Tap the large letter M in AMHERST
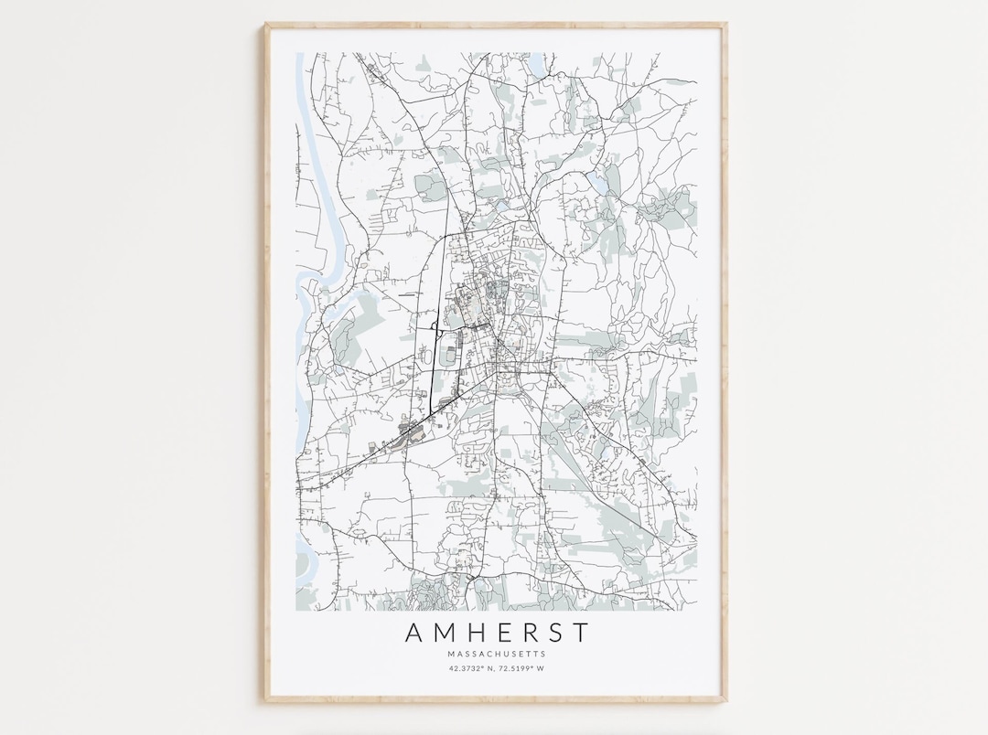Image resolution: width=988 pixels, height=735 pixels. [444, 633]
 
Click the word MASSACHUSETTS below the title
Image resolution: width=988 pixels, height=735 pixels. [497, 654]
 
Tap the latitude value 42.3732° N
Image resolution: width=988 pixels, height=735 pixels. [472, 669]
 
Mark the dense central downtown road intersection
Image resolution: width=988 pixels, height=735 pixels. [498, 352]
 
